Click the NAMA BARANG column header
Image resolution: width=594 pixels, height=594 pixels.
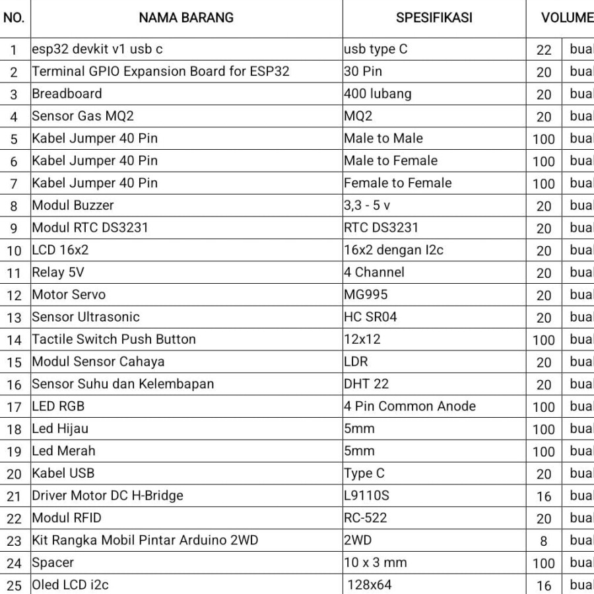186,18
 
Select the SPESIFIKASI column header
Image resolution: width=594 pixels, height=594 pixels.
434,18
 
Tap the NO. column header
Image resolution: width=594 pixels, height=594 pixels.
14,18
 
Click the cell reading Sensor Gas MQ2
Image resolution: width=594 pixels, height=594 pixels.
83,116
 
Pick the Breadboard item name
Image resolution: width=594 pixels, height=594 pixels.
67,94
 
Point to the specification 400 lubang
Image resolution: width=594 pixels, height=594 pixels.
378,94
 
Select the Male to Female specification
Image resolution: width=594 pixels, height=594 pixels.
391,160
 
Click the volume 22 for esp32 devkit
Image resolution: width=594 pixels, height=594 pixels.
544,50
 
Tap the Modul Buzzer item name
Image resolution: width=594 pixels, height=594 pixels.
73,205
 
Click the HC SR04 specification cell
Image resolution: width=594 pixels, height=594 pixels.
371,317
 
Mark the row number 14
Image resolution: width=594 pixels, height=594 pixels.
14,340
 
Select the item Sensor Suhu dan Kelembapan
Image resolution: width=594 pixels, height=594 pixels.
123,383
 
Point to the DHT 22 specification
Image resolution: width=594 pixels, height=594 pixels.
366,383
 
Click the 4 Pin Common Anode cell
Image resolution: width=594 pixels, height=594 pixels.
410,406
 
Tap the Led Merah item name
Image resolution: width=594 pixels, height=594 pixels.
63,451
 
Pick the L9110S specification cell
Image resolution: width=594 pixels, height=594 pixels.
366,495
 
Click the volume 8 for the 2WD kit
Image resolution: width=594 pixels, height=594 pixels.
544,541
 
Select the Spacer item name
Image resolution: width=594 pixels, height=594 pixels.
53,562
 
